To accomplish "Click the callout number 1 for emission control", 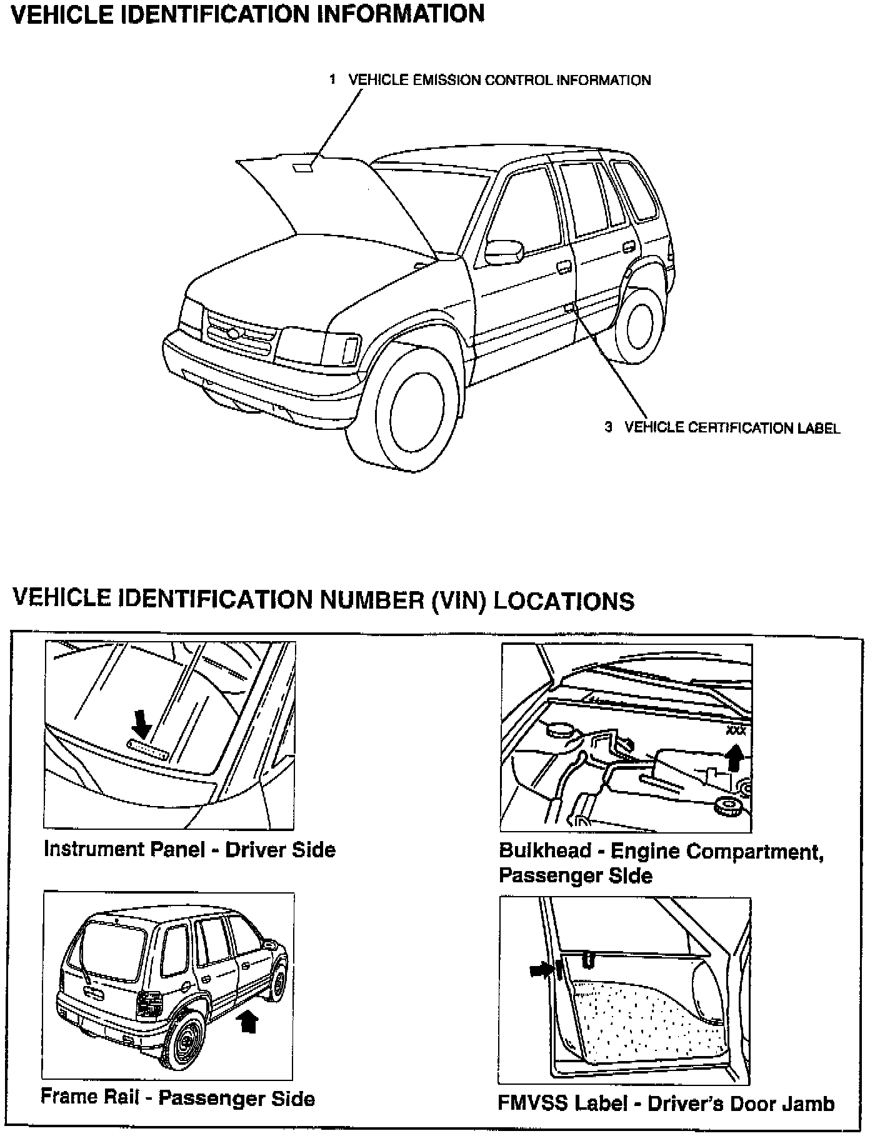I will (333, 79).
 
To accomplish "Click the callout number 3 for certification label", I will (608, 427).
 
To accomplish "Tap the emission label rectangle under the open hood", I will (304, 167).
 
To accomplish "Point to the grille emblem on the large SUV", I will (233, 334).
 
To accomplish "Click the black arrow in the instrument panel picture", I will (142, 725).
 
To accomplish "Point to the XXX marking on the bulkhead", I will (736, 730).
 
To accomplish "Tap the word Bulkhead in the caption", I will (544, 850).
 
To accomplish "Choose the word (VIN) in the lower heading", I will (458, 600).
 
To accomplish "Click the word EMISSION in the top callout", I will (446, 80).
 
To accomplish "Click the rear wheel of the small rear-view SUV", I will (185, 1045).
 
